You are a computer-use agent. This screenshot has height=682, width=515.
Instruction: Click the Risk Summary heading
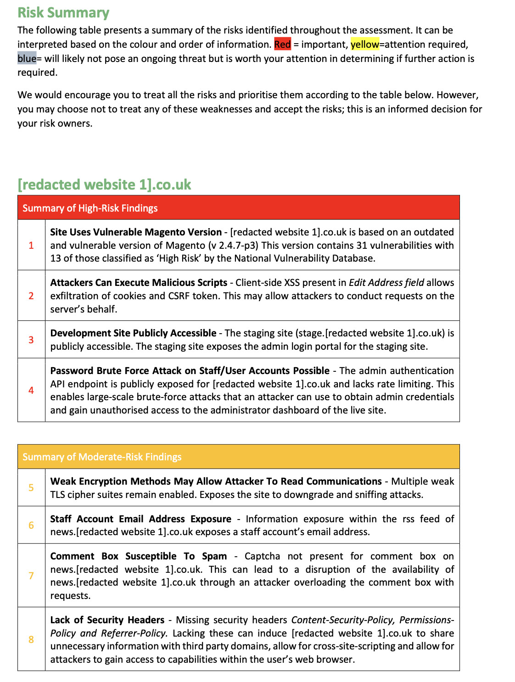63,12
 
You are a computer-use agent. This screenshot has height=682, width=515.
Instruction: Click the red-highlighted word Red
282,44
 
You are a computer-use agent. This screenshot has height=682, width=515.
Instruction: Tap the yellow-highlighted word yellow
364,44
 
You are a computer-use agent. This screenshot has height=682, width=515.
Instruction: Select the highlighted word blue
27,58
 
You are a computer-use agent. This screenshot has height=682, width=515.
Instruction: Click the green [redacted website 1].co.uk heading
104,184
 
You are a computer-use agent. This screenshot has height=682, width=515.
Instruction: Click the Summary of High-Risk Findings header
90,208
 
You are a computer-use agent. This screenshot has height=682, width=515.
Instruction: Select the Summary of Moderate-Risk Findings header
102,457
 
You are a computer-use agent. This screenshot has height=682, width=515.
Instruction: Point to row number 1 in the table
31,245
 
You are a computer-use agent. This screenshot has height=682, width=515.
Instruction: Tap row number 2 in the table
31,296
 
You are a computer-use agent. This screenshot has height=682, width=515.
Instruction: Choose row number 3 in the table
31,340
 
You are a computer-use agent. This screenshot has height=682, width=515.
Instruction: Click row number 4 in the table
31,390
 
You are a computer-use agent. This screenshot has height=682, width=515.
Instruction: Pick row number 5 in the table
31,487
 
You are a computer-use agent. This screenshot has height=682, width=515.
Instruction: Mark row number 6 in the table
31,525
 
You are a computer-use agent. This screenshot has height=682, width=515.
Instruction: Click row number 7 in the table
31,576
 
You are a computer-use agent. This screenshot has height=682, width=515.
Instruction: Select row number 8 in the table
31,639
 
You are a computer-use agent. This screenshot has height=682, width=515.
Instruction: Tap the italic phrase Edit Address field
386,282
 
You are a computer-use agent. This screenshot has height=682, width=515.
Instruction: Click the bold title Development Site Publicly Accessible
133,333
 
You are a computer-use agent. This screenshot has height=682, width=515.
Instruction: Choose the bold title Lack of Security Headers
107,620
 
